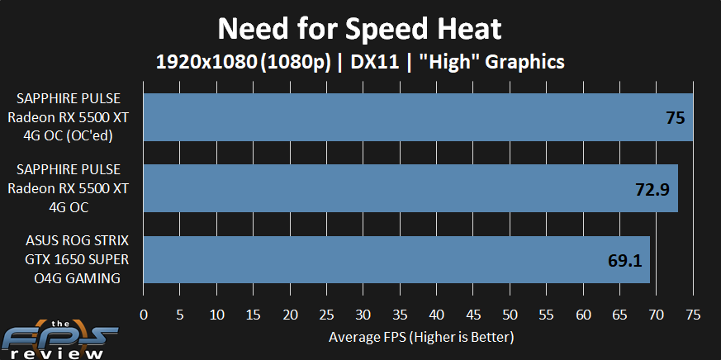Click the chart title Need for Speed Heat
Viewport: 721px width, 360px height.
pos(359,29)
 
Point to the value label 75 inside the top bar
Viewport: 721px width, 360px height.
pos(675,117)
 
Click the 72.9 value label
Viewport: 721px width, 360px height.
pos(650,189)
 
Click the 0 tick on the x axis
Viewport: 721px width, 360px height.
pos(144,314)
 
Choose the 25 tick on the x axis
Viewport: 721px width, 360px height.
pos(326,314)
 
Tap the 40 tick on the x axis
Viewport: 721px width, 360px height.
pos(436,314)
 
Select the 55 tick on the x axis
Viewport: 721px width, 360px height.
pos(546,314)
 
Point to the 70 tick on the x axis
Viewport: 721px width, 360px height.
pos(656,314)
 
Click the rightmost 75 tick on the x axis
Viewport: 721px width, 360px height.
pos(692,314)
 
